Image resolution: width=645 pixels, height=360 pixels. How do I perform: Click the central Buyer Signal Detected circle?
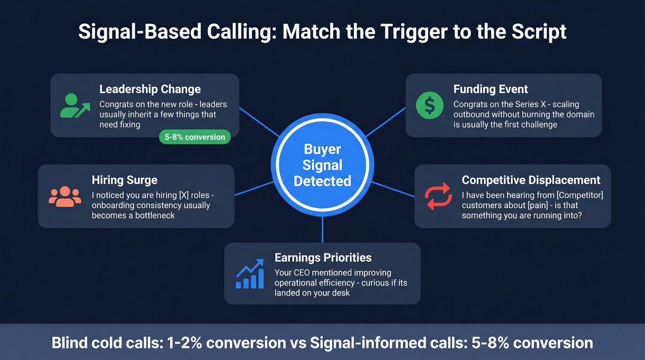[322, 165]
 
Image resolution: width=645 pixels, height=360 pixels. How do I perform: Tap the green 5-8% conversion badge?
[195, 137]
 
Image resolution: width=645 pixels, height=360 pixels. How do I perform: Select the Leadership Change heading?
[150, 89]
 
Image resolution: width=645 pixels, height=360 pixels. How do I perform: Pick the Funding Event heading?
[490, 89]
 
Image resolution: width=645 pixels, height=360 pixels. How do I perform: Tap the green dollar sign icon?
[429, 106]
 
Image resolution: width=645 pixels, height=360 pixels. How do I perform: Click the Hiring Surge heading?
[124, 180]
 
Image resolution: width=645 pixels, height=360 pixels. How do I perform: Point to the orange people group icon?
[64, 197]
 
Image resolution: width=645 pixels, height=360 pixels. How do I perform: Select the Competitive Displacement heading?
[531, 180]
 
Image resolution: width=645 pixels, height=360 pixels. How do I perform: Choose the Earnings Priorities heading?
[322, 257]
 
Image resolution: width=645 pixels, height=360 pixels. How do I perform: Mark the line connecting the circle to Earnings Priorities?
[322, 229]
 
